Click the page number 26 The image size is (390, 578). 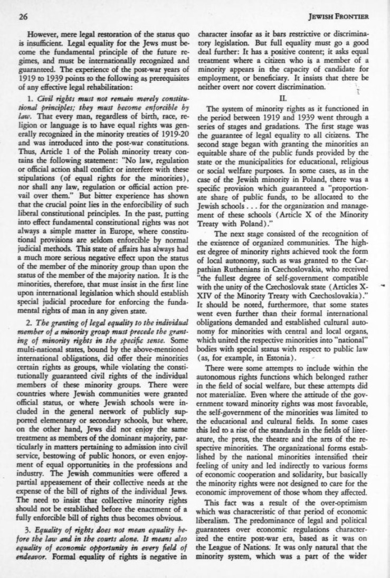pyautogui.click(x=23, y=15)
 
